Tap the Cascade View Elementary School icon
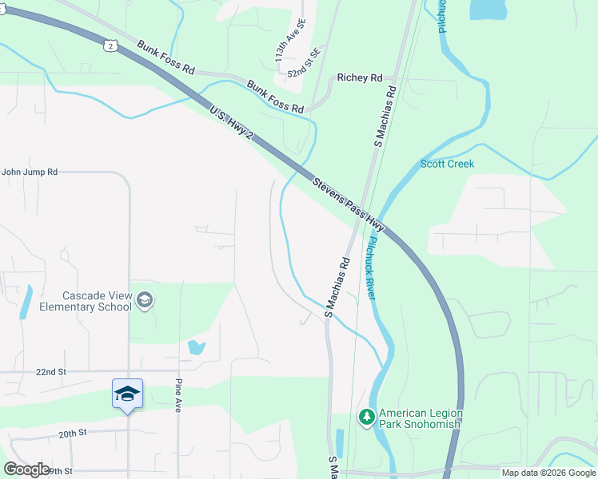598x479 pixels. tap(145, 300)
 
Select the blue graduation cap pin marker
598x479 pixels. tap(127, 394)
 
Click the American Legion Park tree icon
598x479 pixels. tap(366, 418)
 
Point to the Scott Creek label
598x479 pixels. tap(447, 164)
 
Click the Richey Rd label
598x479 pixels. tap(360, 77)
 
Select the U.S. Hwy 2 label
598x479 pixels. tap(232, 126)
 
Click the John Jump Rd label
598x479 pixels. tap(30, 171)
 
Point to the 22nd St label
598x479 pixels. tap(50, 372)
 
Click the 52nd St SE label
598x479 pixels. tap(305, 63)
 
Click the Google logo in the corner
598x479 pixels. tap(26, 469)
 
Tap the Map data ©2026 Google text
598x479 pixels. tap(548, 473)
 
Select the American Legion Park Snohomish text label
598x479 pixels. tap(420, 418)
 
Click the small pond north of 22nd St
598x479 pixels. tap(196, 347)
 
